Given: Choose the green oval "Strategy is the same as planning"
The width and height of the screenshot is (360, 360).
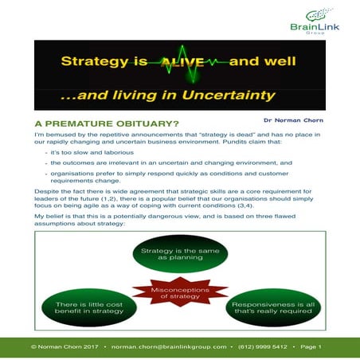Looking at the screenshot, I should click(x=180, y=256).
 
